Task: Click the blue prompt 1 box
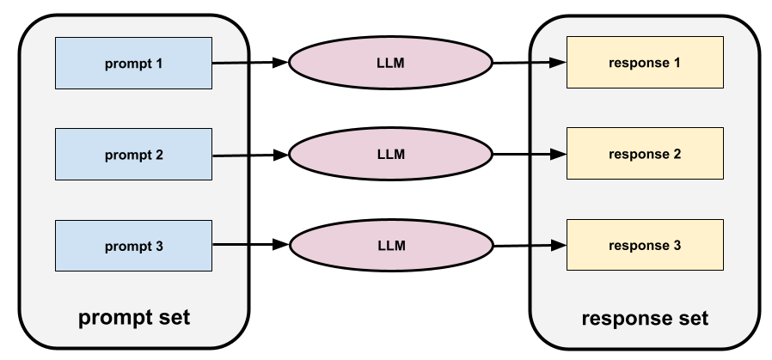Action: pyautogui.click(x=133, y=63)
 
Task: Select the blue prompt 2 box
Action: pyautogui.click(x=133, y=155)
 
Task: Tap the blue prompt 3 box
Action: pyautogui.click(x=133, y=246)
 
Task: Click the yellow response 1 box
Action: pyautogui.click(x=645, y=63)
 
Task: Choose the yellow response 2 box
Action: pyautogui.click(x=645, y=155)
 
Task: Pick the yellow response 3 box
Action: pyautogui.click(x=645, y=246)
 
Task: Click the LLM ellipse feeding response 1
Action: pyautogui.click(x=390, y=63)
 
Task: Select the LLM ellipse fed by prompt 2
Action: pyautogui.click(x=390, y=155)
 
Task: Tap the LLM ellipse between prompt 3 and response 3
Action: pyautogui.click(x=390, y=246)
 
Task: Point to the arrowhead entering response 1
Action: pyautogui.click(x=557, y=62)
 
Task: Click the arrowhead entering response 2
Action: pyautogui.click(x=557, y=155)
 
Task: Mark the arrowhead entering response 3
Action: pyautogui.click(x=557, y=246)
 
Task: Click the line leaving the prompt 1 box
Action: pyautogui.click(x=230, y=63)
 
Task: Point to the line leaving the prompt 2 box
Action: pyautogui.click(x=230, y=156)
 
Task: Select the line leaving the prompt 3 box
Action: pyautogui.click(x=230, y=246)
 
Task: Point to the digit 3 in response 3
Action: pyautogui.click(x=677, y=246)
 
